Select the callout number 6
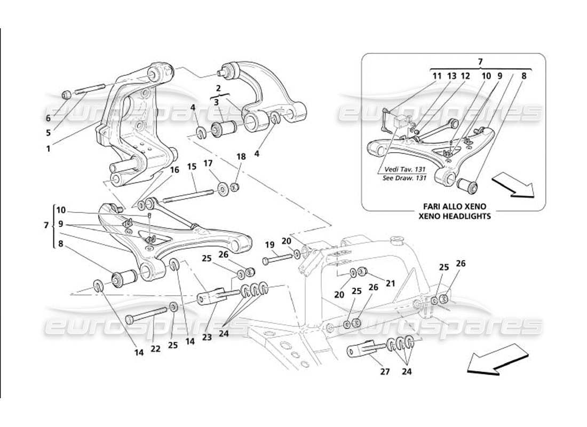pyautogui.click(x=48, y=118)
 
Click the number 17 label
pyautogui.click(x=208, y=163)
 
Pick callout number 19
pyautogui.click(x=270, y=245)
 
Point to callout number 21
pyautogui.click(x=391, y=283)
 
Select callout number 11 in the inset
pyautogui.click(x=437, y=76)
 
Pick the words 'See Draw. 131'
pyautogui.click(x=404, y=178)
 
